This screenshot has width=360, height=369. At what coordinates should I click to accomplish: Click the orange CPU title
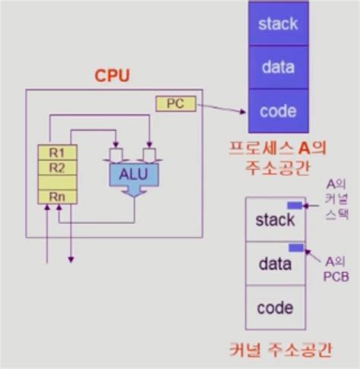pos(112,76)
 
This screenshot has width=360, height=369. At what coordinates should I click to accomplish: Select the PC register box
pos(170,103)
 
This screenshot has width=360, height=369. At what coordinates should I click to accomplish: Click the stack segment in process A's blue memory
pos(278,24)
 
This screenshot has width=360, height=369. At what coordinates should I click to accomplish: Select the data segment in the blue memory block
pos(278,67)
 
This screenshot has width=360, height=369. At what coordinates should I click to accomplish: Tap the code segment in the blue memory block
pos(278,110)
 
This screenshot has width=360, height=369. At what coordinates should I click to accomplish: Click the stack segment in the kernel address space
pos(274,221)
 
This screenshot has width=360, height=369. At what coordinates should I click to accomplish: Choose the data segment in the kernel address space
pos(274,264)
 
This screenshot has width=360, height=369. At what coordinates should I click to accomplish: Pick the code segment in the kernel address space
pos(274,307)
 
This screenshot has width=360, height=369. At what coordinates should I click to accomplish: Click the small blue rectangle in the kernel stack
pos(294,205)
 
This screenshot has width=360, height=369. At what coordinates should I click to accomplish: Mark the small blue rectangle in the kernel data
pos(296,248)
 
